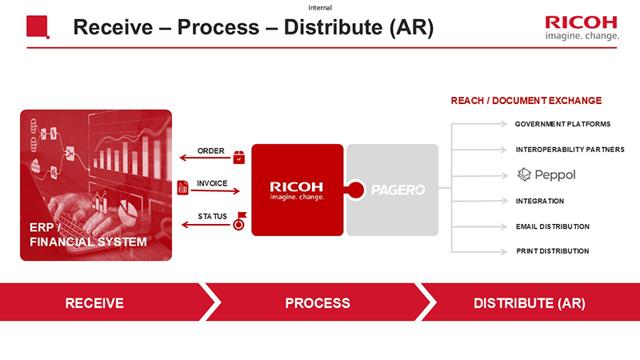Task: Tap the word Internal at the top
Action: (x=320, y=7)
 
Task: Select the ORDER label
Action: (x=211, y=150)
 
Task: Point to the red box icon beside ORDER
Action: (x=238, y=157)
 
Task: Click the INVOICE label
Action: (x=212, y=183)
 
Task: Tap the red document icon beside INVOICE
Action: (x=182, y=187)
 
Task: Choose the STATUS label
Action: (x=212, y=216)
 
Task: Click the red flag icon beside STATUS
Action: (x=238, y=220)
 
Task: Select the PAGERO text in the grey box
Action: (x=398, y=190)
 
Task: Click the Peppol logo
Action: (x=546, y=174)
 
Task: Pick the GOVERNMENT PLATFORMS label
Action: (x=562, y=124)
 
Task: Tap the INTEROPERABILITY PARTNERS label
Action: (x=570, y=150)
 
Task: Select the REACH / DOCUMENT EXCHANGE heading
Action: (x=526, y=101)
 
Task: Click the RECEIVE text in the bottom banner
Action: (x=94, y=303)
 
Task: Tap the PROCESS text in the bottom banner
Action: (x=318, y=303)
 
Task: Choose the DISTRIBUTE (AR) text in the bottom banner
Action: (x=530, y=303)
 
